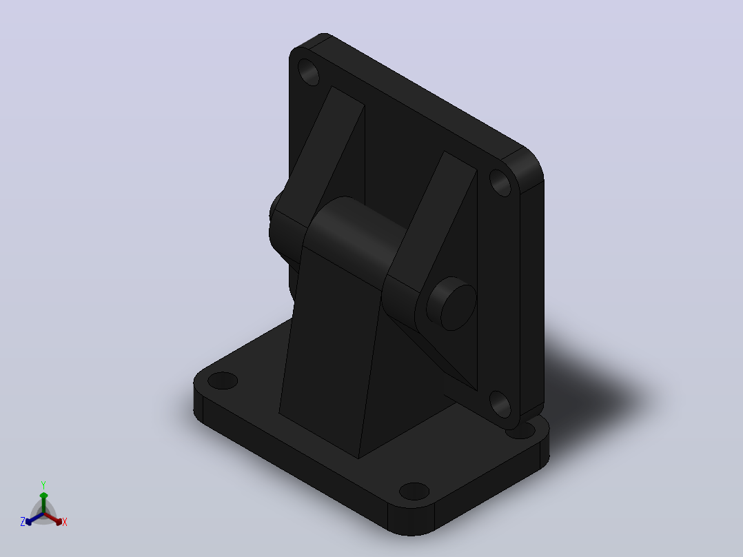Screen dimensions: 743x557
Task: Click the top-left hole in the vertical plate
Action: [309, 72]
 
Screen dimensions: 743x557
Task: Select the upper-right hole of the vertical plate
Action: [500, 183]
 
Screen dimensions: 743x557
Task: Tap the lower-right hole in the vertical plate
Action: [500, 405]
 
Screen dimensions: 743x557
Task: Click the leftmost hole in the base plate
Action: [223, 381]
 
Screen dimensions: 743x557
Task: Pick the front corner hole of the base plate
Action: [414, 491]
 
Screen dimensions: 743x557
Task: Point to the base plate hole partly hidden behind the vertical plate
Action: [521, 432]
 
